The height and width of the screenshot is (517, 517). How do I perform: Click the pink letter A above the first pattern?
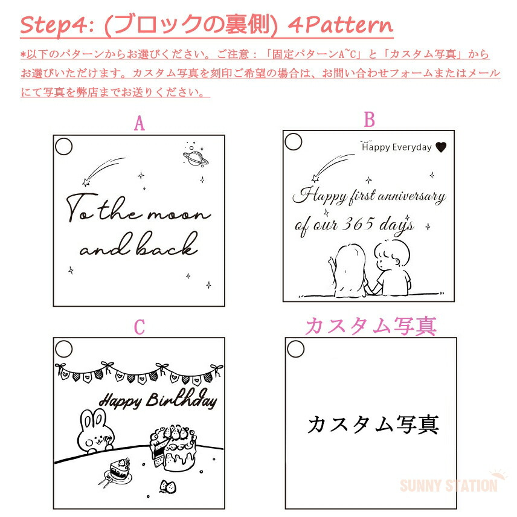point(139,123)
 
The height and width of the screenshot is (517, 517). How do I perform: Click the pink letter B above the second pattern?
point(369,120)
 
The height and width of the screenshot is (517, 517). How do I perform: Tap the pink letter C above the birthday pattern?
point(139,327)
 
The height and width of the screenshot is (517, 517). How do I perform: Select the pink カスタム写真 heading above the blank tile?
point(371,326)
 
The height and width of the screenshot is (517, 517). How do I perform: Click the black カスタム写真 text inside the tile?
point(373,424)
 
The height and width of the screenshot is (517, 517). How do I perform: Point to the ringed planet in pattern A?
point(196,158)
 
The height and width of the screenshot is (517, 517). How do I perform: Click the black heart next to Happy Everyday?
point(441,147)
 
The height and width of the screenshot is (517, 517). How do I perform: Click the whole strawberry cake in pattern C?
point(173,448)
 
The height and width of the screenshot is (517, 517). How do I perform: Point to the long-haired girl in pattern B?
point(349,271)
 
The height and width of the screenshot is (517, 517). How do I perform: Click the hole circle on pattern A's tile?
point(63,146)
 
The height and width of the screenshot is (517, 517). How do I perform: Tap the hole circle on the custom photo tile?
point(295,349)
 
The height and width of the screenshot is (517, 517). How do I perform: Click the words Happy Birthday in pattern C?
point(158,400)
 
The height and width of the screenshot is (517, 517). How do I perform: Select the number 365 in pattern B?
point(358,224)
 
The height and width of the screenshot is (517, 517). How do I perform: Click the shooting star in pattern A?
point(103,172)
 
